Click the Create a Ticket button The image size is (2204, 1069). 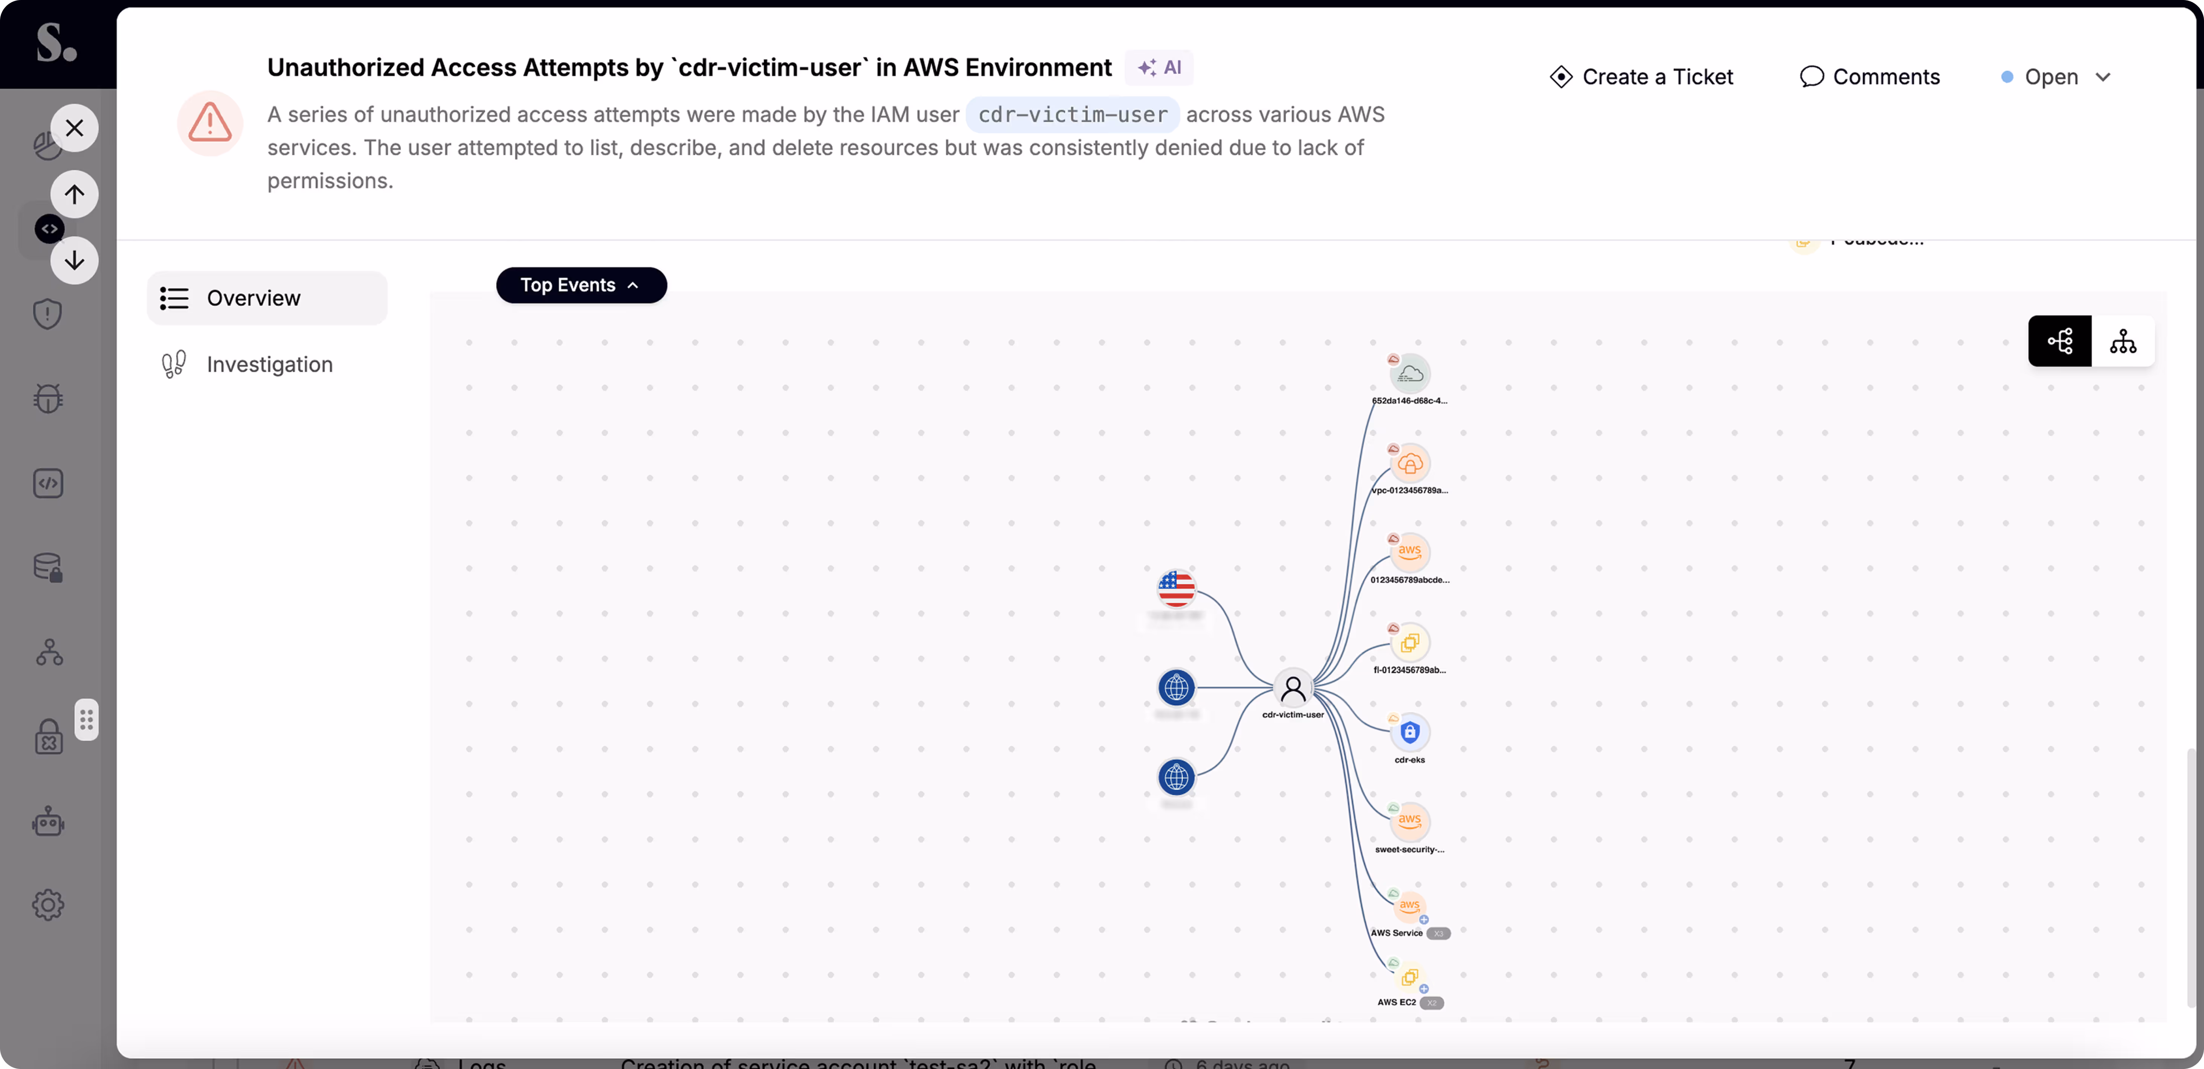click(1641, 77)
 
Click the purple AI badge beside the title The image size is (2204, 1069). click(1159, 67)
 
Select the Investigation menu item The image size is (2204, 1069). click(269, 364)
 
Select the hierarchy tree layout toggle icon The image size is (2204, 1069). click(2123, 341)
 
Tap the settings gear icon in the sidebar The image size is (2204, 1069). click(48, 905)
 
